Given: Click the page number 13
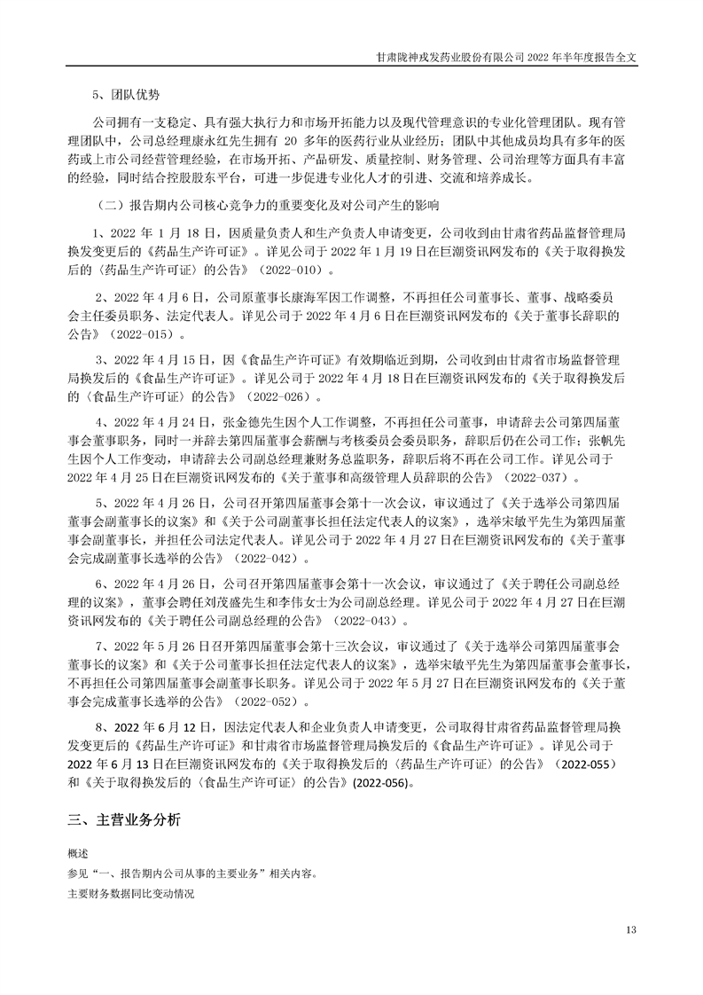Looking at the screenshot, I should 631,930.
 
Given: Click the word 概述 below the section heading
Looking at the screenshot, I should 78,853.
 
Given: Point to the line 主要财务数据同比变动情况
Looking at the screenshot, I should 129,893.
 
